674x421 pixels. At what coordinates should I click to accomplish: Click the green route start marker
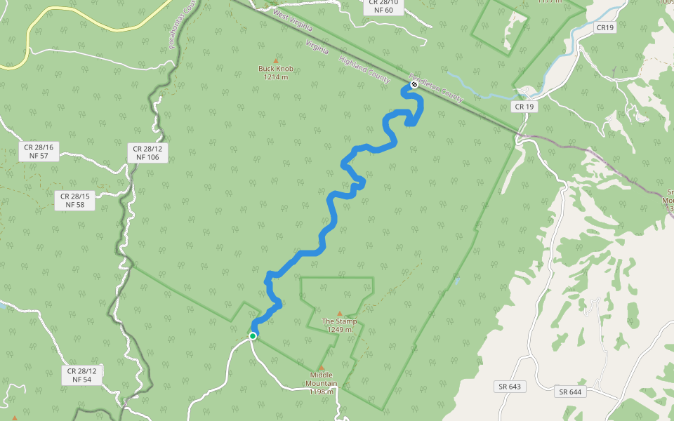click(253, 336)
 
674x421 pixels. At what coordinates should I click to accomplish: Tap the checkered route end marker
click(414, 85)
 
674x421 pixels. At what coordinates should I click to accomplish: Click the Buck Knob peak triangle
click(276, 60)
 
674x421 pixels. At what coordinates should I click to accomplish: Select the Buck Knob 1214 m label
click(276, 73)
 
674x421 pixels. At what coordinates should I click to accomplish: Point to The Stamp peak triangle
click(340, 314)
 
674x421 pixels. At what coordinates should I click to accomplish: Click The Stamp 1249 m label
click(340, 326)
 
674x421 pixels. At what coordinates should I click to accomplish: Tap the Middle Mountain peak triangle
click(322, 368)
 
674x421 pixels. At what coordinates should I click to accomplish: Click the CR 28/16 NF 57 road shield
click(39, 152)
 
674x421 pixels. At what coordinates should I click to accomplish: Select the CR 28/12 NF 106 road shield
click(147, 153)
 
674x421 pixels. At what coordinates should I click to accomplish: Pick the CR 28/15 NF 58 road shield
click(74, 200)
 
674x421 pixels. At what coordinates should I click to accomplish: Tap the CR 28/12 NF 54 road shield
click(82, 375)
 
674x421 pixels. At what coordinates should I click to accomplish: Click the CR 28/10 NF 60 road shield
click(383, 6)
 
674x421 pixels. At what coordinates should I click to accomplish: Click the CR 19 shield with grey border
click(524, 107)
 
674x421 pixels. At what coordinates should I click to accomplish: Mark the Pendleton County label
click(438, 86)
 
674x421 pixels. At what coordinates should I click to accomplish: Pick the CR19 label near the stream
click(604, 27)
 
